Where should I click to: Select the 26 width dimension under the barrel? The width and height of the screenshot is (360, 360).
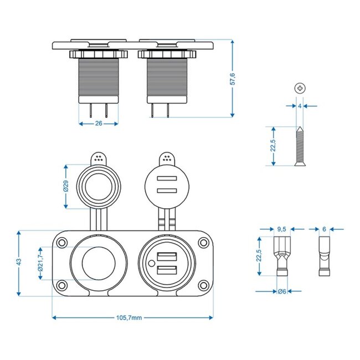point(99,124)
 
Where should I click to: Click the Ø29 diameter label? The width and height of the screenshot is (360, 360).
point(65,187)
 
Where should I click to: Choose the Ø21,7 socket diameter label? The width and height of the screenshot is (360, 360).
point(40,263)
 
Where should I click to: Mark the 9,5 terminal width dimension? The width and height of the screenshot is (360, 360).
point(281,228)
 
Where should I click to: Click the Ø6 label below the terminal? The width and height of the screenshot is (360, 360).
point(281,291)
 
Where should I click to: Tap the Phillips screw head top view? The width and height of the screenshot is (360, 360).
point(300,88)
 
